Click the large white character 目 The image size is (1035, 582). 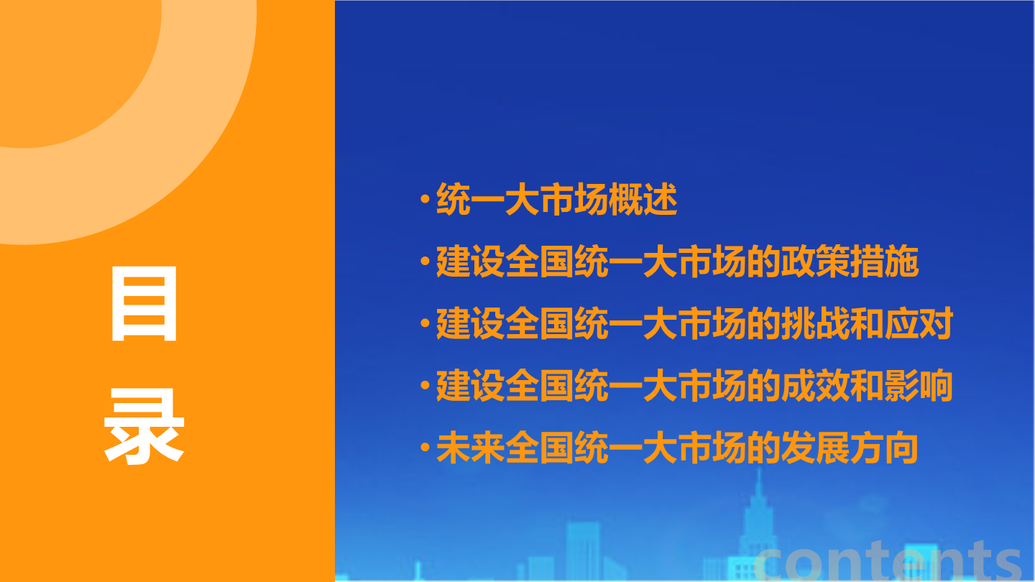pos(144,303)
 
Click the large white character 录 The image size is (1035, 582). pos(144,426)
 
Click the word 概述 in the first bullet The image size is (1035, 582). pos(643,199)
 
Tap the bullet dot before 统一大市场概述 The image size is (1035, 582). pos(425,199)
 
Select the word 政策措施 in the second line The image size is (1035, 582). pos(850,262)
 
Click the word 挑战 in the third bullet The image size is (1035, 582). pos(815,323)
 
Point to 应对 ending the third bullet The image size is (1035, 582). pos(919,323)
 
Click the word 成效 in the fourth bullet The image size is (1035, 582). pos(815,385)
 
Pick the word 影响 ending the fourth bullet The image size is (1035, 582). pos(919,385)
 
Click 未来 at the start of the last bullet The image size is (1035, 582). pos(470,448)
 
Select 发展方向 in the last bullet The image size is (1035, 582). pos(850,448)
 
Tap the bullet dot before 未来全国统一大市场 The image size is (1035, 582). pos(425,447)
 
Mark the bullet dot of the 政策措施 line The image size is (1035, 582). pos(425,261)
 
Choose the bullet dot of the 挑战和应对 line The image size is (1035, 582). pos(425,323)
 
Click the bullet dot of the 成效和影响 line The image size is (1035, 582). pos(425,385)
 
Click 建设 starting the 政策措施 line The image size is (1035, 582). pos(470,262)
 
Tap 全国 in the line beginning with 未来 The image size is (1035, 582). pos(539,448)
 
